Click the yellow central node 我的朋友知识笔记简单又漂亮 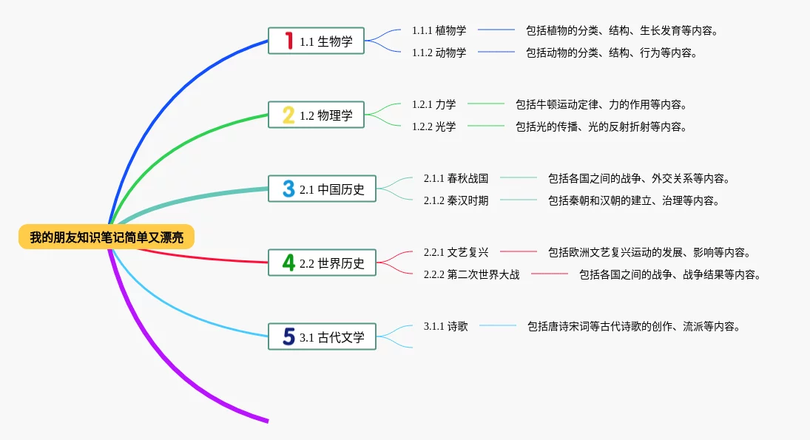[x=107, y=237]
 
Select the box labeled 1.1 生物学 [x=316, y=41]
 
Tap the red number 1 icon [x=288, y=41]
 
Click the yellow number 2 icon [x=288, y=115]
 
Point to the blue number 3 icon [x=288, y=189]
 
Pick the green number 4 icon [x=288, y=263]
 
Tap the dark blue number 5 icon [x=288, y=336]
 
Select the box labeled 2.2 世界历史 [x=322, y=263]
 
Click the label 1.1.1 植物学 [x=439, y=30]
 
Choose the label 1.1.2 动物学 [x=439, y=53]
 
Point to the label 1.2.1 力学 [x=434, y=104]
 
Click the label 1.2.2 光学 [x=434, y=126]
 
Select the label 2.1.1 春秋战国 [x=456, y=178]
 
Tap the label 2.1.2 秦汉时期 [x=456, y=200]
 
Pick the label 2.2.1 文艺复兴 [x=456, y=252]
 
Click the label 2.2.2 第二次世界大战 [x=472, y=274]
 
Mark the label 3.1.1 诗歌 [x=446, y=326]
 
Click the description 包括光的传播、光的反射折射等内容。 [x=601, y=126]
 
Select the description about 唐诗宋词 [x=634, y=326]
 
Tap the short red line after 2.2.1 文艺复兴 [x=519, y=251]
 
